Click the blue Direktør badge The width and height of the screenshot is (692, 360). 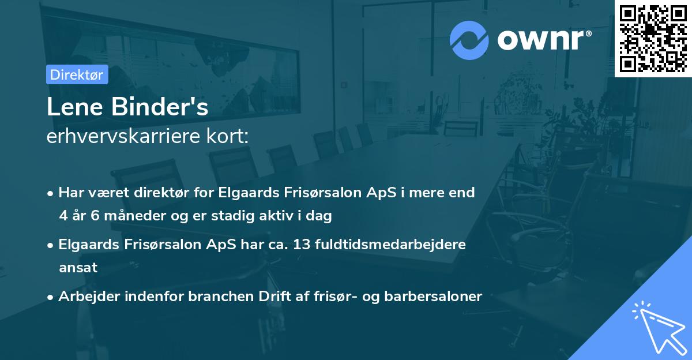pos(77,74)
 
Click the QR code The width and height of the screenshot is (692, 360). pos(653,38)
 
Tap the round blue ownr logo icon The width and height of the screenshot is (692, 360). pos(469,40)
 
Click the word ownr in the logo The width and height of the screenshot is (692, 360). pos(542,40)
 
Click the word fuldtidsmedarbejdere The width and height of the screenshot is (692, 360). pos(392,244)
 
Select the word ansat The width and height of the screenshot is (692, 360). pos(78,267)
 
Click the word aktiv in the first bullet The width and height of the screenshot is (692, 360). pos(273,216)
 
